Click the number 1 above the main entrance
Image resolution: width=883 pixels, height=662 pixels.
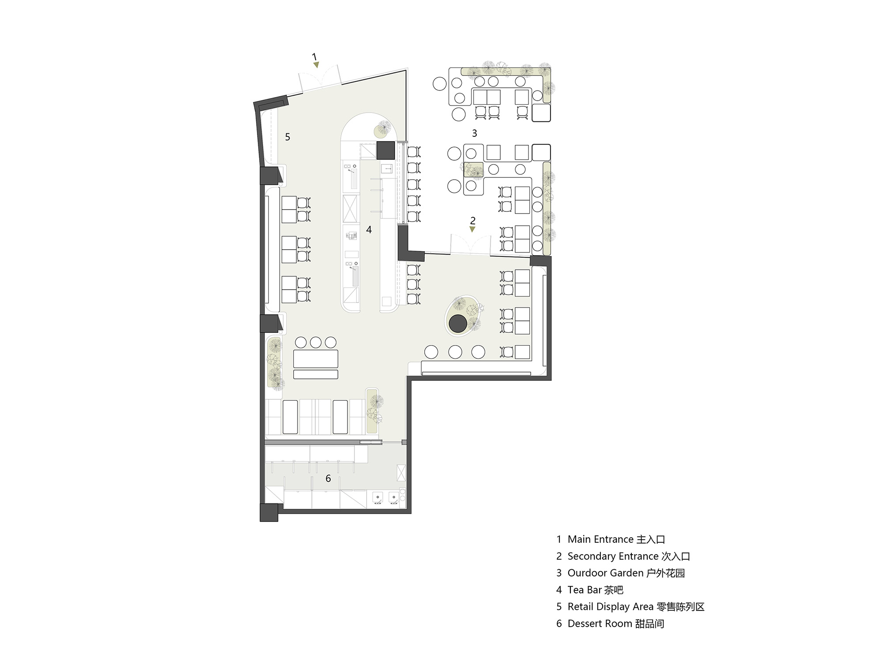tap(314, 56)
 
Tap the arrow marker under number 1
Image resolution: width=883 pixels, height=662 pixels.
tap(316, 65)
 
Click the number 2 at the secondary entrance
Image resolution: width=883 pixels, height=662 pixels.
tap(473, 220)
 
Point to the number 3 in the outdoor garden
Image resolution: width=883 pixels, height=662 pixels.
tap(475, 133)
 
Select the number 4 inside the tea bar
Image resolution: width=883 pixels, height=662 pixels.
tap(369, 229)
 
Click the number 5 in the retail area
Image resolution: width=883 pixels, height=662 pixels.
tap(287, 137)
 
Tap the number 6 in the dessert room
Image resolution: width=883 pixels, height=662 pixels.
tap(328, 478)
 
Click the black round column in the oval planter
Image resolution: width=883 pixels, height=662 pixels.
tap(458, 324)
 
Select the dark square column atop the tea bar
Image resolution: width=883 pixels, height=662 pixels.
tap(385, 150)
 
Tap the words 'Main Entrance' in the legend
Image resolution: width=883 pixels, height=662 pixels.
tap(601, 539)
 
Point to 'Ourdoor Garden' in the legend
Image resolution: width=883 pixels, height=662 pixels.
tap(605, 573)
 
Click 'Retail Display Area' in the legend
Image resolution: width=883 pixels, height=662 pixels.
tap(611, 607)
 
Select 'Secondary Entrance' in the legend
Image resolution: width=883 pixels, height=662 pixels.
tap(613, 556)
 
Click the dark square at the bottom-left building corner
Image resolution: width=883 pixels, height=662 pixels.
tap(269, 512)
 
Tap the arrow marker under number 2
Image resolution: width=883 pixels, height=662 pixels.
tap(472, 229)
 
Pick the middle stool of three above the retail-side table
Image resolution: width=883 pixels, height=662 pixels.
tap(315, 342)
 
